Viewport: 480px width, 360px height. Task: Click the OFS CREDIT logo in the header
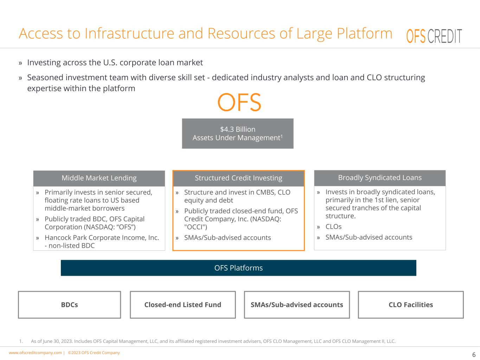click(434, 36)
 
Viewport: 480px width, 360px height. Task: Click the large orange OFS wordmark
click(239, 102)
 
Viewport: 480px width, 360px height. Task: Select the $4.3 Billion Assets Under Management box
click(238, 134)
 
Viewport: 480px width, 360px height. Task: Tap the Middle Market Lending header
click(99, 178)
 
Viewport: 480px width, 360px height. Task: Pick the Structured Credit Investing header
click(238, 178)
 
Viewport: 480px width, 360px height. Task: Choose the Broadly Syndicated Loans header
click(380, 178)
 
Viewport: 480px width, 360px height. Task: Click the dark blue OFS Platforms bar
click(238, 268)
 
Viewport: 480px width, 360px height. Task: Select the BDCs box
click(69, 305)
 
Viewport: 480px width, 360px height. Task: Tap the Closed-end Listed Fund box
click(183, 305)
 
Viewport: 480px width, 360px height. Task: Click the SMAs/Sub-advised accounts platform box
click(297, 305)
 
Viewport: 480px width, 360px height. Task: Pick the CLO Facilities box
click(411, 305)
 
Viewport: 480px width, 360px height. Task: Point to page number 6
click(474, 355)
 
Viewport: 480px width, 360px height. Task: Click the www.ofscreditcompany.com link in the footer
click(35, 353)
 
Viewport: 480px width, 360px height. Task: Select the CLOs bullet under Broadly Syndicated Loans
click(333, 227)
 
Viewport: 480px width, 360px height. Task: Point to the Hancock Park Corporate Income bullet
click(102, 238)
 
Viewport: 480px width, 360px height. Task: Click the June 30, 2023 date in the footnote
click(58, 341)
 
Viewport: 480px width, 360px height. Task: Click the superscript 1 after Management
click(282, 135)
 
